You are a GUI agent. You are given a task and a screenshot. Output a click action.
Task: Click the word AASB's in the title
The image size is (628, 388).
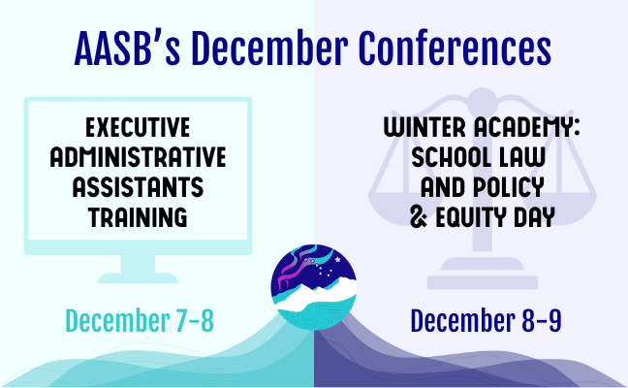pos(127,48)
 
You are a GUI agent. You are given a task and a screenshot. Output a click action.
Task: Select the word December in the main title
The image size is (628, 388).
pos(269,48)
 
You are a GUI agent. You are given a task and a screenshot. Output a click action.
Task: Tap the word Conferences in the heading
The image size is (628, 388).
pos(455,48)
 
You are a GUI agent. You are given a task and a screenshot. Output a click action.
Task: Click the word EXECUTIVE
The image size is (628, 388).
pos(138,127)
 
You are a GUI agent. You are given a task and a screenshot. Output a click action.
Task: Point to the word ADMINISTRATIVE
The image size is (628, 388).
pos(138,157)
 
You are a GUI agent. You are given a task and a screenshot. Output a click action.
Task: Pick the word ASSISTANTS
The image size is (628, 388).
pos(138,187)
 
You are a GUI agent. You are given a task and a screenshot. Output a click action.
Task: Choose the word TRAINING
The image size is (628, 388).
pos(138,217)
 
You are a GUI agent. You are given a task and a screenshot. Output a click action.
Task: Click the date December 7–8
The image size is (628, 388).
pos(140,321)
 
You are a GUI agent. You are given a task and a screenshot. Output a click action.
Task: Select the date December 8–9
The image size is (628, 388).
pos(486,321)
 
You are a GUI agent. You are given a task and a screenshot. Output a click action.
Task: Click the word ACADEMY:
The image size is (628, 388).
pos(527,127)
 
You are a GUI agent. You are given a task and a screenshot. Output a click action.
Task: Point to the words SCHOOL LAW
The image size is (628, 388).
pos(479,157)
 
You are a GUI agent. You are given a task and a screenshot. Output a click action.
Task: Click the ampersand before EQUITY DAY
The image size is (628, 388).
pos(419,217)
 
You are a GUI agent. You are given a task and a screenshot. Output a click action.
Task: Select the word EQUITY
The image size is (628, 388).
pos(471,217)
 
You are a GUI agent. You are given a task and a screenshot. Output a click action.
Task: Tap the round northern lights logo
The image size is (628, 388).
pos(314,287)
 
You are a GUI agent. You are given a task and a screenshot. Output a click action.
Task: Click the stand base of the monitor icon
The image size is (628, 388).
pos(138,277)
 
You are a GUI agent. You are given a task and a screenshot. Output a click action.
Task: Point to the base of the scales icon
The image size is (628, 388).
pos(483,281)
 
